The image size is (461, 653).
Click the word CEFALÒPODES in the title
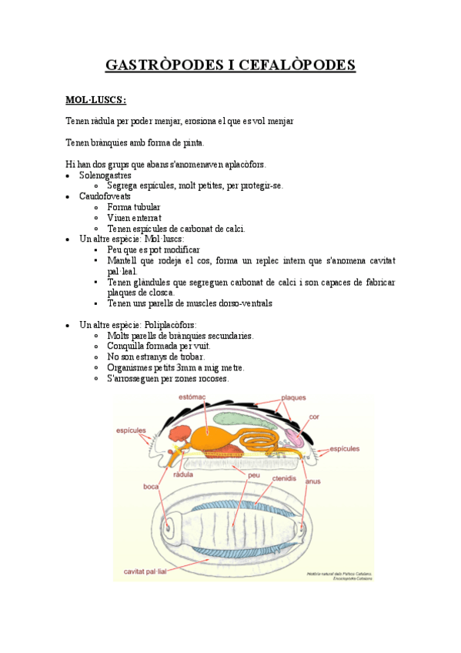tap(303, 64)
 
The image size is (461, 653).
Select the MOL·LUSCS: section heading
tap(96, 99)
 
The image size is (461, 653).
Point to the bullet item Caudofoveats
tap(105, 196)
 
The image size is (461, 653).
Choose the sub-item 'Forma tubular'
tap(134, 207)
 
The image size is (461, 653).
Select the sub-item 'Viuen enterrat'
tap(135, 218)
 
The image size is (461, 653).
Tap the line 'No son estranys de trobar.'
tap(155, 357)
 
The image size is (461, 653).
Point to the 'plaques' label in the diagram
tap(293, 398)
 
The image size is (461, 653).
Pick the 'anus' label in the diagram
tap(312, 481)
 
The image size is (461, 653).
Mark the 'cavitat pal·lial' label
tap(150, 571)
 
